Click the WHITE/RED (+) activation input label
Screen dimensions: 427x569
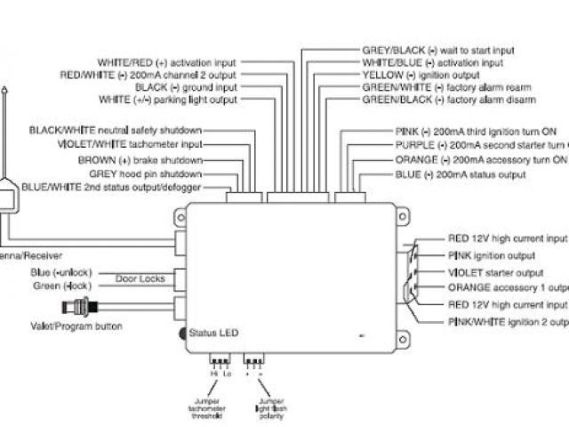click(x=166, y=62)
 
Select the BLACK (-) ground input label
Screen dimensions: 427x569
click(x=186, y=88)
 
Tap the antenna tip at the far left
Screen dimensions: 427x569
click(x=5, y=92)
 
